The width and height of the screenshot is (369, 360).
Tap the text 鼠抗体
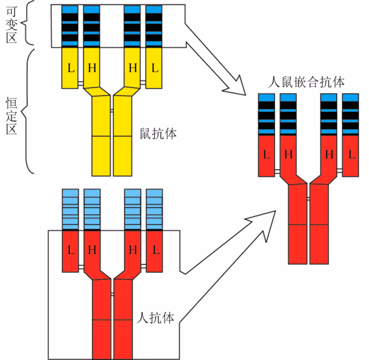tap(158, 133)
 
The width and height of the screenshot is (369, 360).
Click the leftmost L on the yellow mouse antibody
tap(70, 68)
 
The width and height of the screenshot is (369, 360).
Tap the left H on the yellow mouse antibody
tap(92, 68)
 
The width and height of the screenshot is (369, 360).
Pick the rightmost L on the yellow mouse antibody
tap(154, 68)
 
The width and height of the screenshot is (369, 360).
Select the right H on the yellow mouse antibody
tap(133, 68)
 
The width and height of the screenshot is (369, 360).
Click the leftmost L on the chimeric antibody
tap(267, 155)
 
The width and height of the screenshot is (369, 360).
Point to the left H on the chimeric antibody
tap(288, 155)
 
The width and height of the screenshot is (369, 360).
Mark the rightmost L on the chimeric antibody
tap(351, 155)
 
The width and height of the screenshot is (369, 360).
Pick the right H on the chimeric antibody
tap(329, 155)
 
